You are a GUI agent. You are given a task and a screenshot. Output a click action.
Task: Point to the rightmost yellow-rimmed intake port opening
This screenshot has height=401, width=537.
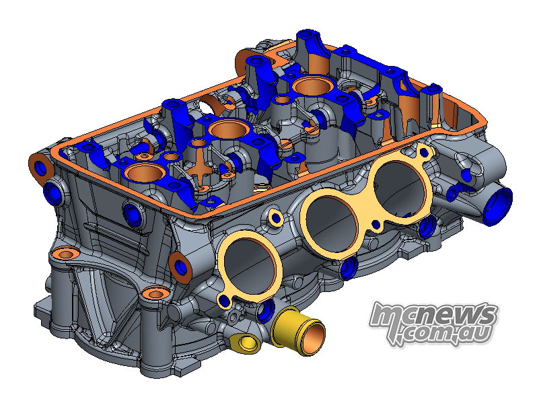click(x=400, y=187)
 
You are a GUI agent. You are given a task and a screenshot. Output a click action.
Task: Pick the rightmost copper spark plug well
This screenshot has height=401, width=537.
click(x=312, y=85)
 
